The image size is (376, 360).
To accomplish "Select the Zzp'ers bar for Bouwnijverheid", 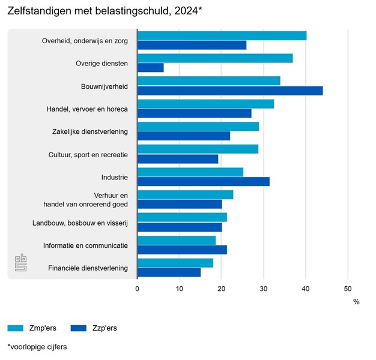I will coord(230,91).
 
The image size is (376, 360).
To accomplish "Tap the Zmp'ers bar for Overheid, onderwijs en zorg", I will coord(222,35).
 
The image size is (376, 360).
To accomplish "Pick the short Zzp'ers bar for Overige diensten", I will coord(151,68).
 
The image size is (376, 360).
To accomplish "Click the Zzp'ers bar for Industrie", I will coord(204,182).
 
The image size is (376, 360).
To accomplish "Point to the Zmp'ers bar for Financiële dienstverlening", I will coord(175,263).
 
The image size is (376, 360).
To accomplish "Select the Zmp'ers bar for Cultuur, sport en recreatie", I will coord(198,149).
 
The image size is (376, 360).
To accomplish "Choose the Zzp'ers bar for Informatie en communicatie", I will coord(182,250).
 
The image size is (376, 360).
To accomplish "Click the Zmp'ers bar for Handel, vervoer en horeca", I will coord(205,104).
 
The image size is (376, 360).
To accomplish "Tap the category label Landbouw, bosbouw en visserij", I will coord(80,223).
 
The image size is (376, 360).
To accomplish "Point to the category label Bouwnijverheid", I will coord(104,86).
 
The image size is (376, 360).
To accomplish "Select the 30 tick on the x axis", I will coord(264,289).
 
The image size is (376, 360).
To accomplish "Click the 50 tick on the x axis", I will coord(348,289).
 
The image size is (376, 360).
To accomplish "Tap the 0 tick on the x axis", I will coord(138,289).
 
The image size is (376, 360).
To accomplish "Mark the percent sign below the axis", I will coord(356,302).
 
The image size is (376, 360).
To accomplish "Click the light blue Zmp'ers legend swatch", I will coord(16,328).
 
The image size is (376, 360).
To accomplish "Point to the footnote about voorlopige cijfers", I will coord(37,347).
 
